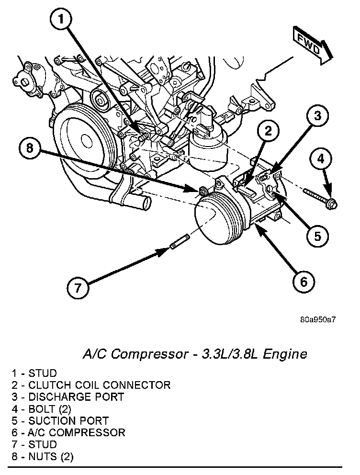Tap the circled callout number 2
(269, 131)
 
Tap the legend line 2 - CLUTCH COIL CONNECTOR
(91, 385)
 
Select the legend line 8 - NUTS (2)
(43, 457)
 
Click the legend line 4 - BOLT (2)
(43, 409)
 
